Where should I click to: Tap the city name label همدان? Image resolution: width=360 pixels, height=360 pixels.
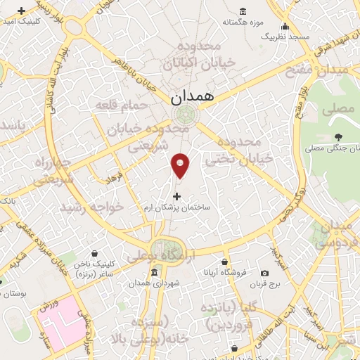[x=191, y=95]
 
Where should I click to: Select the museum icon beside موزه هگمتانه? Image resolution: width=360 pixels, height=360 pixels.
[x=243, y=10]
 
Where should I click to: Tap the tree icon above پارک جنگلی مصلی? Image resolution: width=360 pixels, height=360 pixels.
[x=339, y=136]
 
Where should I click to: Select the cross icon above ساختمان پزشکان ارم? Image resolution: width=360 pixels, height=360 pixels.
[x=176, y=196]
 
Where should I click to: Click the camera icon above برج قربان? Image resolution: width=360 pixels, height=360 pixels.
[x=264, y=273]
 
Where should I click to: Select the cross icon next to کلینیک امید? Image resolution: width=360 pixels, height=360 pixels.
[x=22, y=11]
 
